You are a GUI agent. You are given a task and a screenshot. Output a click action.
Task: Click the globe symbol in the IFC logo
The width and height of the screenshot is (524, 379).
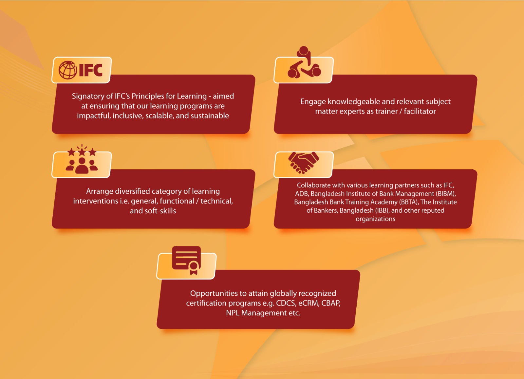(x=67, y=70)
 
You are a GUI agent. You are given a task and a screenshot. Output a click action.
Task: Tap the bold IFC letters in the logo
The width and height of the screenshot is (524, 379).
(x=91, y=70)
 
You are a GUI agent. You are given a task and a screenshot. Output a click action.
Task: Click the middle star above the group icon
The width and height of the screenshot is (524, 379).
(x=82, y=152)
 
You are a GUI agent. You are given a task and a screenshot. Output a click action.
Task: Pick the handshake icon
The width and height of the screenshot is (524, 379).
(x=304, y=163)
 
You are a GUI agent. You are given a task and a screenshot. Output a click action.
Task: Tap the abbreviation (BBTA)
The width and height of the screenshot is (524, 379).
(x=409, y=202)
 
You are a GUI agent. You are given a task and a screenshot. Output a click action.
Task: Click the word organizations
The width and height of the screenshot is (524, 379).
(x=375, y=219)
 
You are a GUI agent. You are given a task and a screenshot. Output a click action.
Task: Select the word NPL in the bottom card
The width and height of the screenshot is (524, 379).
(x=233, y=313)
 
